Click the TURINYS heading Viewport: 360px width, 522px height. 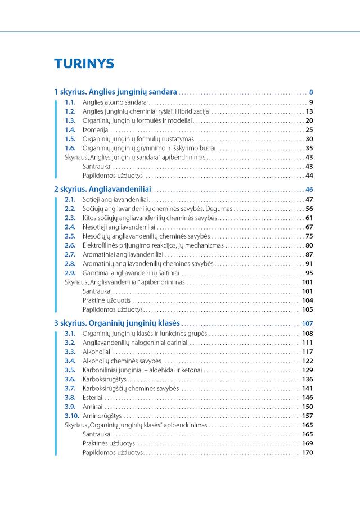[x=84, y=63]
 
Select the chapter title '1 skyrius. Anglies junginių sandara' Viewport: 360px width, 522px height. [x=115, y=91]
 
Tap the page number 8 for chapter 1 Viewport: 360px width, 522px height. [x=311, y=92]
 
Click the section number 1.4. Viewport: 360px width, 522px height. [x=70, y=129]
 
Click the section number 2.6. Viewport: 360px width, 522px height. [x=70, y=245]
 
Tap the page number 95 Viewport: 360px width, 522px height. [x=309, y=273]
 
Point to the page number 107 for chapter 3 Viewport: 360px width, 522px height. [x=307, y=323]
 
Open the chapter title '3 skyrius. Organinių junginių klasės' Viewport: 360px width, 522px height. [x=117, y=323]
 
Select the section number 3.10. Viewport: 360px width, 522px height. [x=71, y=416]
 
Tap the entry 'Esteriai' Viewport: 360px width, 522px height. [x=93, y=397]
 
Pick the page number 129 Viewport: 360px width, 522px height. [x=307, y=370]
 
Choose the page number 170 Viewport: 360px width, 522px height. [x=307, y=452]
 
